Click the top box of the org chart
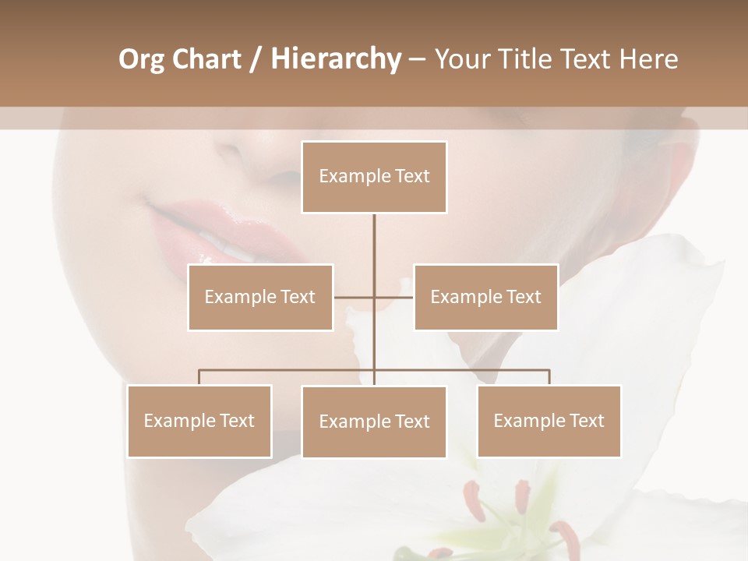(374, 177)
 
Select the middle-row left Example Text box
(260, 297)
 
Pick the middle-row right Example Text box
(485, 297)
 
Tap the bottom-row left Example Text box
(199, 421)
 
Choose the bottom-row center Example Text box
(374, 422)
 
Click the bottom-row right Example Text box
(549, 421)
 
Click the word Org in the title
(141, 59)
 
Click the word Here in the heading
(648, 59)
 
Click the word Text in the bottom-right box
(587, 421)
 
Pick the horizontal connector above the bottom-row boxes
(288, 370)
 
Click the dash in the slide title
(417, 59)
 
